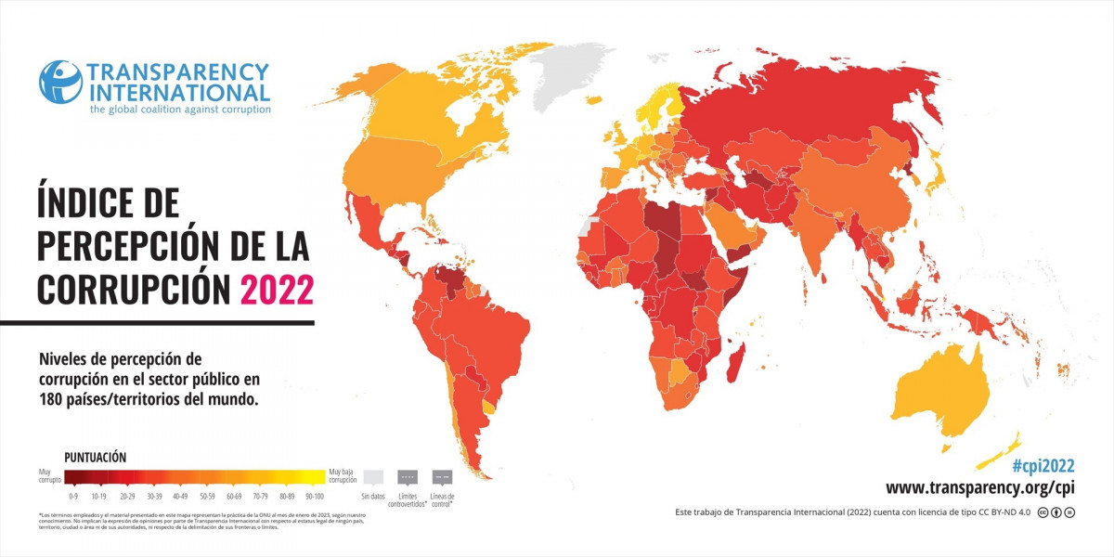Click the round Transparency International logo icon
point(60,82)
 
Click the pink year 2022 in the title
point(277,288)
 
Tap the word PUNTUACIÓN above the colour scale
point(95,457)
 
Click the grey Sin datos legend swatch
point(372,477)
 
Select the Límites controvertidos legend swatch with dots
point(407,477)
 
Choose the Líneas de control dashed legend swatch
point(442,477)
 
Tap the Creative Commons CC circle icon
point(1044,512)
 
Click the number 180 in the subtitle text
point(54,399)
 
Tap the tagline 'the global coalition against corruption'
point(180,110)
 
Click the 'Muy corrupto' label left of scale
point(50,476)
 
